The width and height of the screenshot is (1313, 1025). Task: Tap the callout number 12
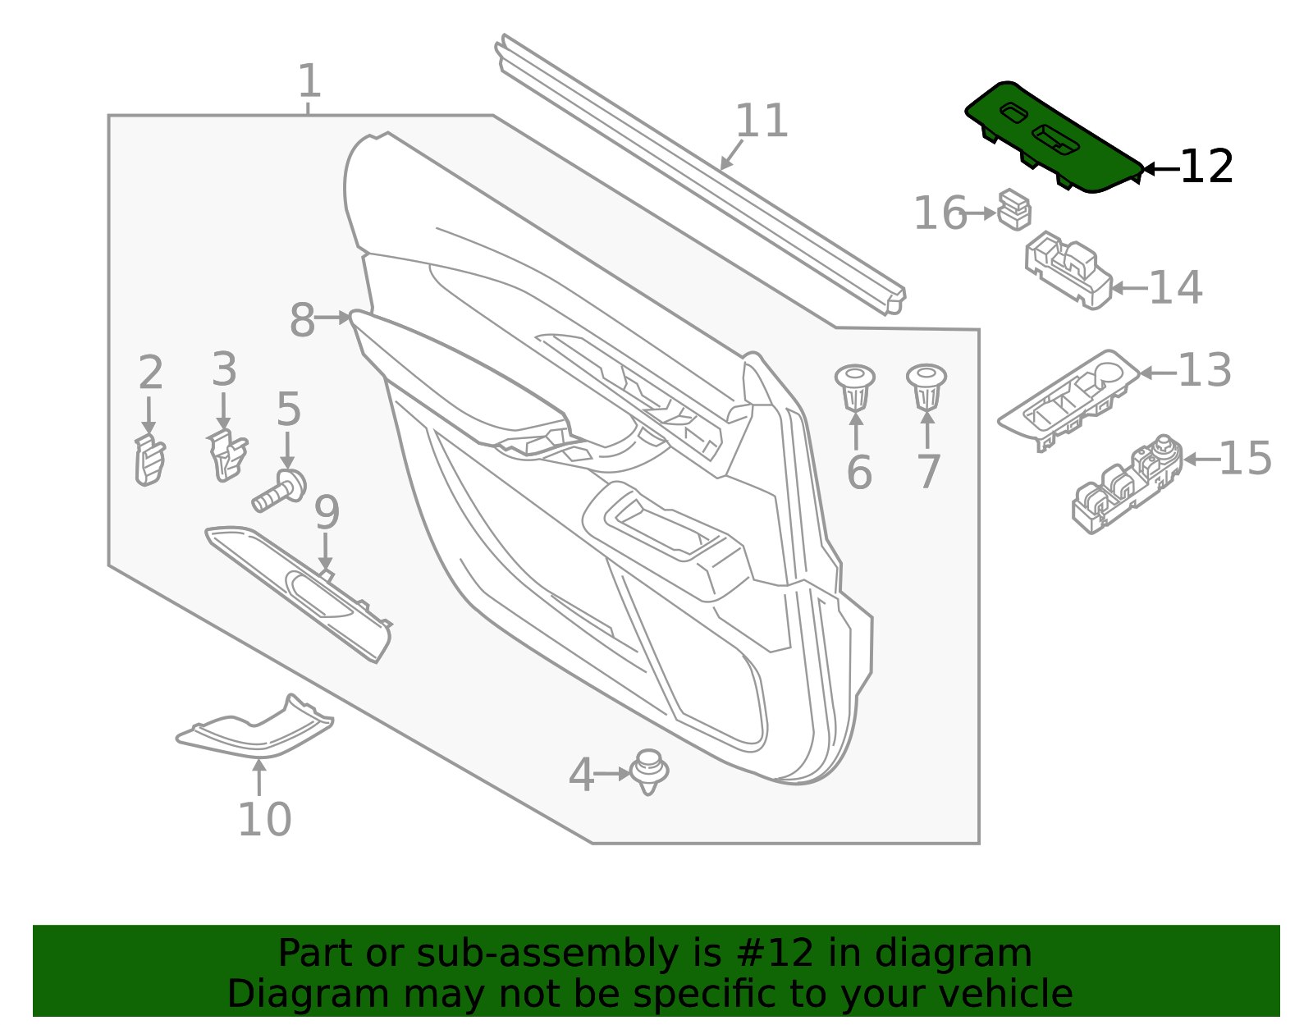point(1205,167)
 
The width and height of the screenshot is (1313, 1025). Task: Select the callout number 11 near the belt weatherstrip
point(762,121)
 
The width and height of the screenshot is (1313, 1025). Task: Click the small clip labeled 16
point(1014,209)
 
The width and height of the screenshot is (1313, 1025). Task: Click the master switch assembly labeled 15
point(1127,484)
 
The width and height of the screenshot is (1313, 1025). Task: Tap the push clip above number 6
point(855,387)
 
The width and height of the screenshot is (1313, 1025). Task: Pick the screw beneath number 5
point(280,490)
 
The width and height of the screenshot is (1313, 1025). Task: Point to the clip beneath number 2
point(149,461)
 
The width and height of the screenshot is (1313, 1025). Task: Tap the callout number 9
point(327,514)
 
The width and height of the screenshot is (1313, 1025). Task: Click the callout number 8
point(302,320)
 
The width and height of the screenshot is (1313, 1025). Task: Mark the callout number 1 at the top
point(309,82)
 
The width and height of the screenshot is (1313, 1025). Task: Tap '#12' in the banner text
point(769,954)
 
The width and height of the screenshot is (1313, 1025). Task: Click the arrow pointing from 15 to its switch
point(1199,460)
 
